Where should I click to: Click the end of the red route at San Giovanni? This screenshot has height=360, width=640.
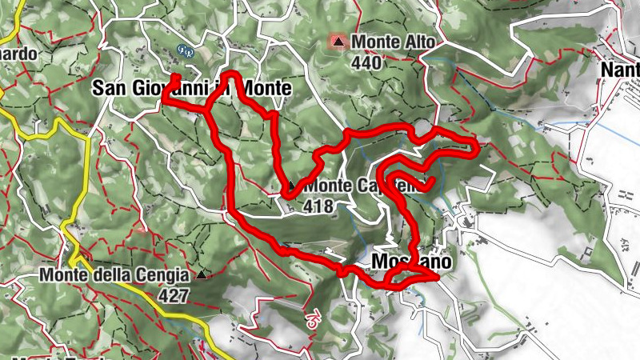[175, 77]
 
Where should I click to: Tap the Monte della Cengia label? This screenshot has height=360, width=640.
[114, 275]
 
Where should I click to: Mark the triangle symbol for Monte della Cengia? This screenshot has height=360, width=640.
[201, 276]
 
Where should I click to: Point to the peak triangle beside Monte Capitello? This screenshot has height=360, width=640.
[291, 186]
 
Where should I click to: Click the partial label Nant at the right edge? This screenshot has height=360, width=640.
[621, 70]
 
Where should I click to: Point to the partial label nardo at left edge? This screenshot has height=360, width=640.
[18, 54]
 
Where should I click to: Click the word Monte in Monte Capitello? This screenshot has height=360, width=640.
[326, 186]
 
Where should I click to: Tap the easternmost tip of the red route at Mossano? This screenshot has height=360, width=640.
[437, 278]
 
